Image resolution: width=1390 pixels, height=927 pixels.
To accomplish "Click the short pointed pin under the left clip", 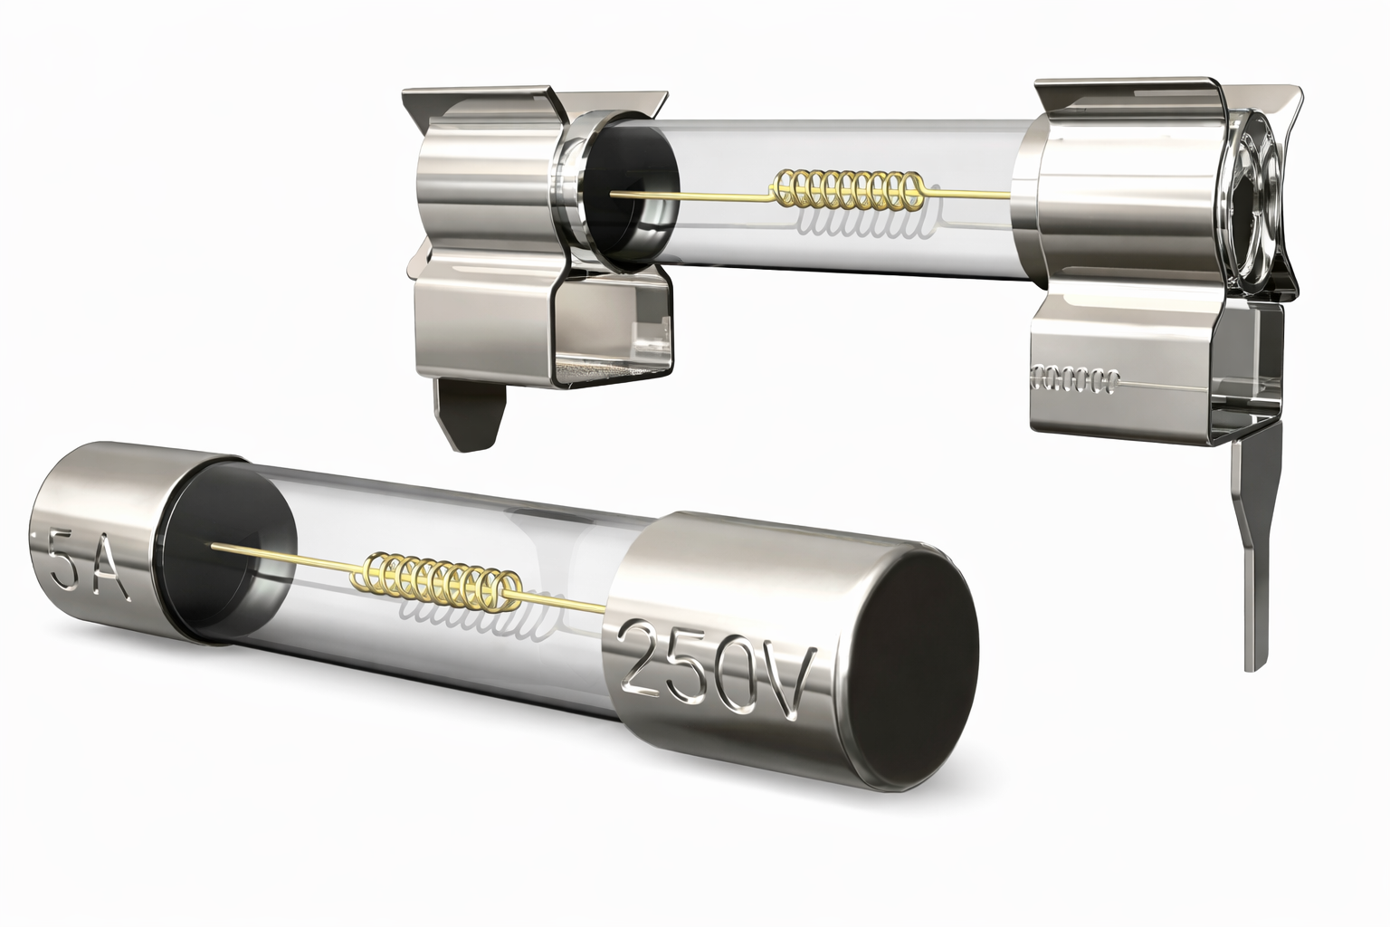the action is pyautogui.click(x=471, y=414).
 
